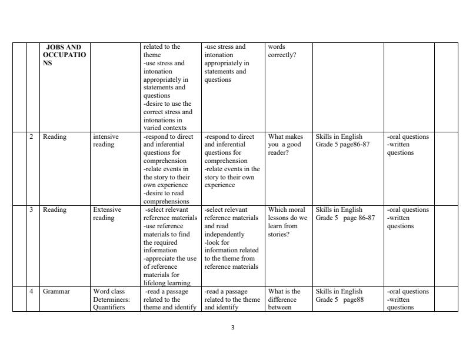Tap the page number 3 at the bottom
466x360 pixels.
point(233,328)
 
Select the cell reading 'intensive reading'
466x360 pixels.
point(106,141)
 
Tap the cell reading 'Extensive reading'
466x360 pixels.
point(107,214)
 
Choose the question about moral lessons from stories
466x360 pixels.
point(287,222)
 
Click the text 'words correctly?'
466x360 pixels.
point(282,51)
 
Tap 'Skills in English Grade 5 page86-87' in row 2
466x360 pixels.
point(342,141)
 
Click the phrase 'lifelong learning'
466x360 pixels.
point(167,283)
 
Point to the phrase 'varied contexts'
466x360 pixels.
point(165,128)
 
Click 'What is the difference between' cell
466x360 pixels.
point(284,299)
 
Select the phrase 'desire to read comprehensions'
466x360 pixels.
point(165,196)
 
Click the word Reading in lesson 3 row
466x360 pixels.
point(55,210)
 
